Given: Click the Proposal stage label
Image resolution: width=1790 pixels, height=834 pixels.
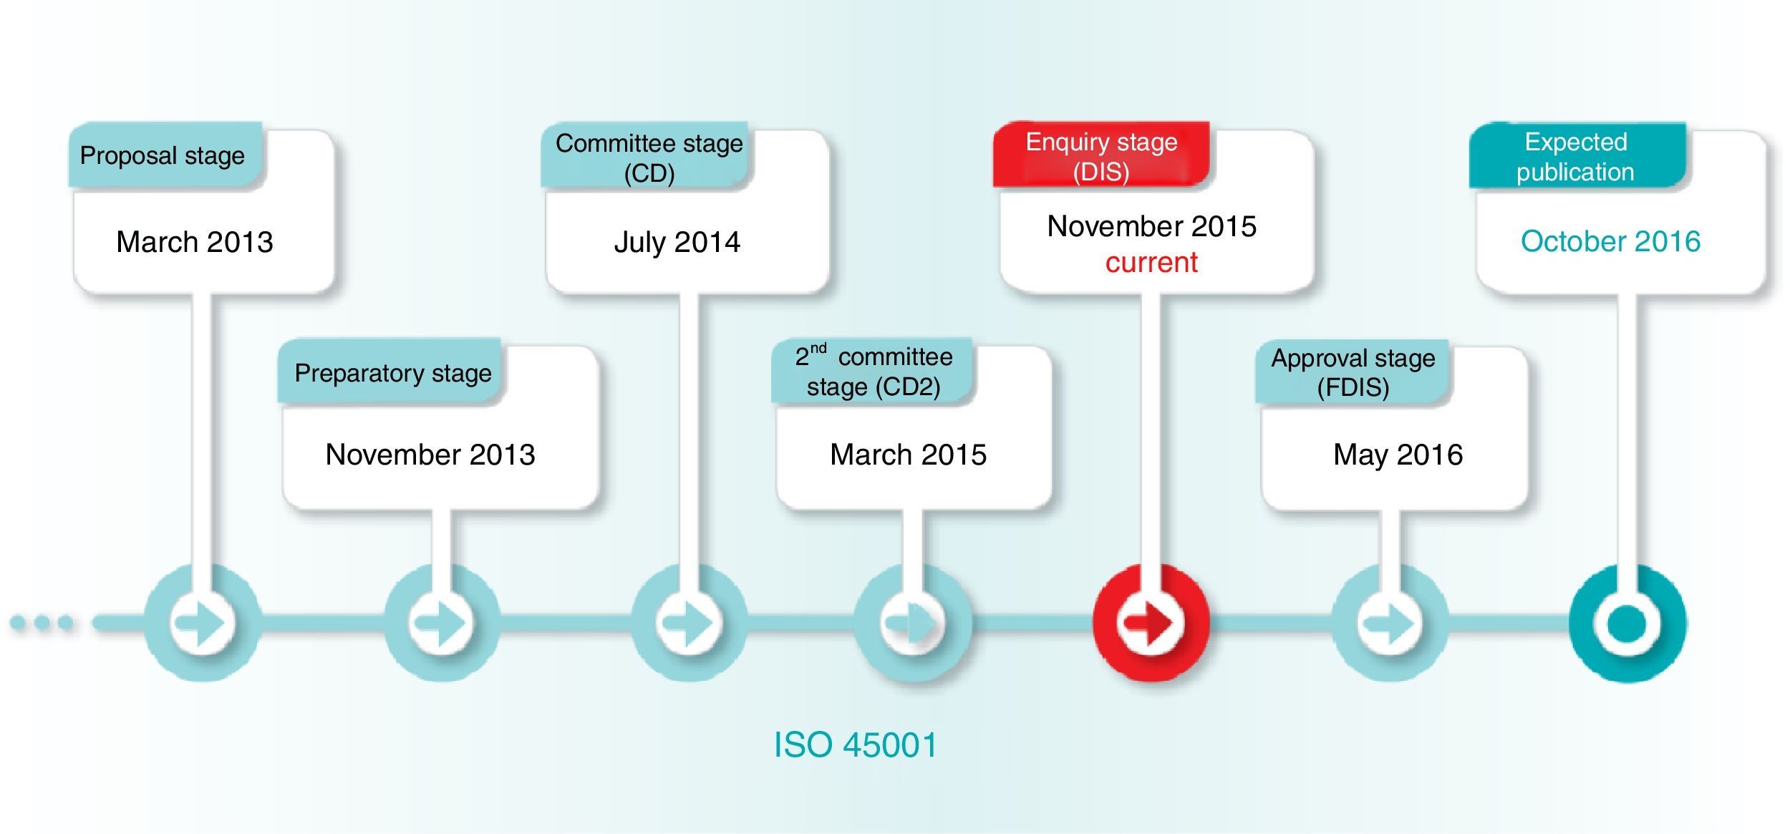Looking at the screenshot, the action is pyautogui.click(x=163, y=155).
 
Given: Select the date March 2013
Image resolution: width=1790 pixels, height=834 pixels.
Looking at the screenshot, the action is pyautogui.click(x=195, y=242).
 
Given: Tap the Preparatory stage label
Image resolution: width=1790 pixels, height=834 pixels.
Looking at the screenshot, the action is pyautogui.click(x=392, y=373).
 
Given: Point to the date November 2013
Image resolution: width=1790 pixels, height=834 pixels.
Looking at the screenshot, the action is pyautogui.click(x=430, y=455).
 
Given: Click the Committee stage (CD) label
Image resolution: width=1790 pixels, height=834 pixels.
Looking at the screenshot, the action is pyautogui.click(x=649, y=157).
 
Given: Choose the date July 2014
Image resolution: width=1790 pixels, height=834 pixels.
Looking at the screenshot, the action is pyautogui.click(x=677, y=242).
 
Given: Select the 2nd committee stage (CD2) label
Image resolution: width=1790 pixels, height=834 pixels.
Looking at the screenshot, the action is pyautogui.click(x=874, y=372).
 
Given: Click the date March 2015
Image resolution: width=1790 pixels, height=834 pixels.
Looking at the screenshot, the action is pyautogui.click(x=908, y=455).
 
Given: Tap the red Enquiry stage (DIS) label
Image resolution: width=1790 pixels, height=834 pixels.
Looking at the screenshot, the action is pyautogui.click(x=1101, y=156).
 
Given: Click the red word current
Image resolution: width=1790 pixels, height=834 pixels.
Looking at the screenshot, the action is pyautogui.click(x=1151, y=263).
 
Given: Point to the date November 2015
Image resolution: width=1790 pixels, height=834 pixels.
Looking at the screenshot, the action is pyautogui.click(x=1151, y=226).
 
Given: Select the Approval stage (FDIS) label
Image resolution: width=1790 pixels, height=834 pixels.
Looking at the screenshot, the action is pyautogui.click(x=1353, y=372).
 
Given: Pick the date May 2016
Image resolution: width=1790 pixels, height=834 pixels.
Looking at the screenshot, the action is pyautogui.click(x=1398, y=455).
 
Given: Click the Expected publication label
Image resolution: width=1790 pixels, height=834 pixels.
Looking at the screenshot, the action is pyautogui.click(x=1575, y=157).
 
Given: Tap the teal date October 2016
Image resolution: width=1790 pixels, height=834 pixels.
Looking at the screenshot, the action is pyautogui.click(x=1610, y=241).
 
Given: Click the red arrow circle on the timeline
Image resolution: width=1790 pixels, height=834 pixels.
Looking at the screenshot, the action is pyautogui.click(x=1151, y=623).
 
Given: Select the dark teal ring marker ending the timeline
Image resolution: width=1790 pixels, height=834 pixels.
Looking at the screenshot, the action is pyautogui.click(x=1627, y=623).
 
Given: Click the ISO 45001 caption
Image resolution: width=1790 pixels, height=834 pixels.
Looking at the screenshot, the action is pyautogui.click(x=856, y=745).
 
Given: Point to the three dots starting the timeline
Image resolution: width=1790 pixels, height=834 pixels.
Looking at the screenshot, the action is pyautogui.click(x=42, y=623).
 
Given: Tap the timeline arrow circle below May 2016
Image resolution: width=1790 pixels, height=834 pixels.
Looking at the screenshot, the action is pyautogui.click(x=1390, y=623).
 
